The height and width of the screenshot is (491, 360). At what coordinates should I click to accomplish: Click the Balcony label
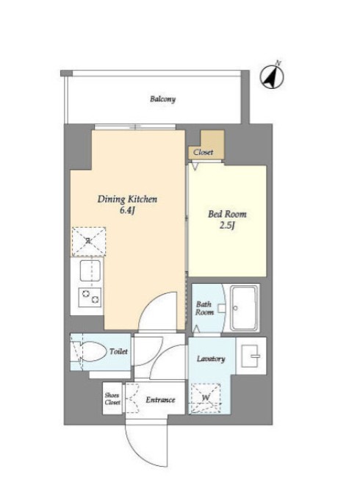(162, 99)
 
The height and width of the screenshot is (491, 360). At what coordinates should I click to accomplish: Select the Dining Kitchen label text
(127, 199)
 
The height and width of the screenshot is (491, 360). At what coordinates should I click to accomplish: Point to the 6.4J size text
(127, 210)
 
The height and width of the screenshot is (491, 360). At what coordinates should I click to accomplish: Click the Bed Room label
(227, 214)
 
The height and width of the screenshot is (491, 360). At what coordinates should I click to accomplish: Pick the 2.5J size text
(227, 226)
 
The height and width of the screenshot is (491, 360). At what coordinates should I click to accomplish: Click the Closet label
(204, 152)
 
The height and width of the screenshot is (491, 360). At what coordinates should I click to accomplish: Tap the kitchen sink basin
(90, 270)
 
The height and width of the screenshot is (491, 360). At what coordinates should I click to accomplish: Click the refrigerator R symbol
(89, 241)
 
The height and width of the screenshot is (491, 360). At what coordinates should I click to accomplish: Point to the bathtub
(244, 308)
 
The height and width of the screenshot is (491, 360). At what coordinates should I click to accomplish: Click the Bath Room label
(204, 308)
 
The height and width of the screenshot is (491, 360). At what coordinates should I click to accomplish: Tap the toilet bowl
(93, 352)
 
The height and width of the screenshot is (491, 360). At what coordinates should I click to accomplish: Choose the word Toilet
(118, 351)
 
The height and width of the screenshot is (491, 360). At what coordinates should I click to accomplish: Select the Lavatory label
(211, 359)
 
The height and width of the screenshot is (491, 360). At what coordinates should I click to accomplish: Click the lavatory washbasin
(251, 356)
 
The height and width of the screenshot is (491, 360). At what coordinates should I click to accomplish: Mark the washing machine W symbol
(206, 398)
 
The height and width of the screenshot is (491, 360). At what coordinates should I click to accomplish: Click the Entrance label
(160, 400)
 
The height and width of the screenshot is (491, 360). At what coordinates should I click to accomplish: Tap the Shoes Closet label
(112, 398)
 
